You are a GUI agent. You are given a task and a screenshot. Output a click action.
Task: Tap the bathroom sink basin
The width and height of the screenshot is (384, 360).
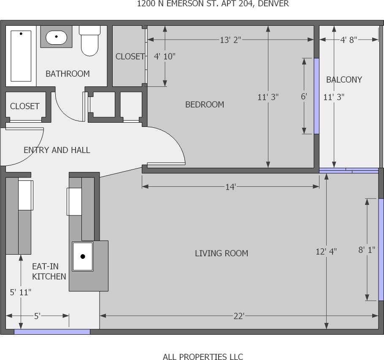[x=56, y=38]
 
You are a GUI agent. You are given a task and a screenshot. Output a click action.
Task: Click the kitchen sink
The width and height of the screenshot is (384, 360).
[x=83, y=256]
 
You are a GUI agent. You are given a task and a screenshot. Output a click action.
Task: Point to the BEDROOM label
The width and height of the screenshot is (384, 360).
[x=205, y=105]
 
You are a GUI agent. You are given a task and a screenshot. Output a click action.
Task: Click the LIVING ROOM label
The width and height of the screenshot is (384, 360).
[x=221, y=253]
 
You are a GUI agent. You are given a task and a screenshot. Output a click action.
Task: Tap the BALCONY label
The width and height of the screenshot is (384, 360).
[x=344, y=80]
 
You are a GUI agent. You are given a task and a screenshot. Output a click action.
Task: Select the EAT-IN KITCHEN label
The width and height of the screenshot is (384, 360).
[x=49, y=271]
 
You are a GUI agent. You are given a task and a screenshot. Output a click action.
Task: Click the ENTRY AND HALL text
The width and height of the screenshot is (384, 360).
[x=57, y=150]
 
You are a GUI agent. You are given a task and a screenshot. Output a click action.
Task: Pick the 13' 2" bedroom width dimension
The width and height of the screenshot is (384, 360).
[x=230, y=40]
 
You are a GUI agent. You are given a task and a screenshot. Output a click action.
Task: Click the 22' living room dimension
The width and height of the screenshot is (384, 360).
[x=238, y=316]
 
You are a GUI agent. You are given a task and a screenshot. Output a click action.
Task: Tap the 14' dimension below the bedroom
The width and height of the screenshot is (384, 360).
[x=230, y=187]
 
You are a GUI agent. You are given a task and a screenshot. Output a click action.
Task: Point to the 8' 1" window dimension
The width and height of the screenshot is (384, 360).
[x=367, y=250]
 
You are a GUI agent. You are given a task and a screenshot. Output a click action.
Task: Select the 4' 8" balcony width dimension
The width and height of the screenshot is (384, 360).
[x=349, y=40]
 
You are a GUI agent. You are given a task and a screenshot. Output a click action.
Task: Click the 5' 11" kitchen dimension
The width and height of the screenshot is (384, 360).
[x=20, y=292]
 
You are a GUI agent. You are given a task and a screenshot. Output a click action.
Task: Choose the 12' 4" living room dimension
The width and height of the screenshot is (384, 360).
[x=326, y=252]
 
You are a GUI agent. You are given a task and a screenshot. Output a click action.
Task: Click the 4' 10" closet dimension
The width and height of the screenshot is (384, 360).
[x=165, y=56]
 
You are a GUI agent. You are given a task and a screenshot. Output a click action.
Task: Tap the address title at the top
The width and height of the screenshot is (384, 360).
[x=213, y=4]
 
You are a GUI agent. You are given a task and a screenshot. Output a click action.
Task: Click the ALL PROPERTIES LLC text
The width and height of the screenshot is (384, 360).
[x=203, y=357]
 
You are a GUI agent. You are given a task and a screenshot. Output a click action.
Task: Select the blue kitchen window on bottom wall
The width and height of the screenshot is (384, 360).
[x=52, y=332]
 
